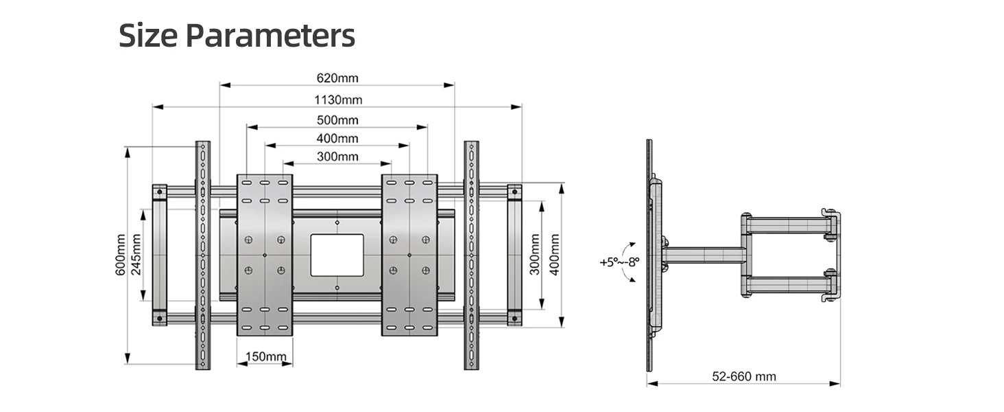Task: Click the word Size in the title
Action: (148, 35)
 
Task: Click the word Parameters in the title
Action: (270, 36)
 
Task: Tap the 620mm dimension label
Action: (337, 78)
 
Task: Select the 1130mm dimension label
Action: (338, 100)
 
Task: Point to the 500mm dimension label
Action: (337, 120)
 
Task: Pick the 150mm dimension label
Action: (266, 357)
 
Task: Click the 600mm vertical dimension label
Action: (121, 255)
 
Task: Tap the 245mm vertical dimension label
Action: (136, 255)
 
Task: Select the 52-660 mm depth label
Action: (744, 376)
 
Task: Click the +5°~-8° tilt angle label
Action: (619, 262)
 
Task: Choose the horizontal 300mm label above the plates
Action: (337, 157)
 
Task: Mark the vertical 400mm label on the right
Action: (554, 255)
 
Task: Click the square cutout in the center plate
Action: (337, 255)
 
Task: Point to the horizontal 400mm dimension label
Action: (337, 138)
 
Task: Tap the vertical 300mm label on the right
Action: (535, 255)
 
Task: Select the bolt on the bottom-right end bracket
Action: (514, 318)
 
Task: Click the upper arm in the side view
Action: (787, 225)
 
